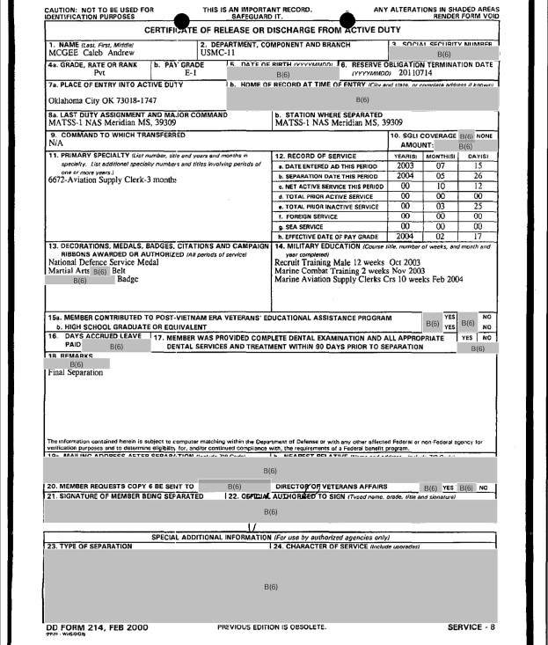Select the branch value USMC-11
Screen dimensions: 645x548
pos(220,53)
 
